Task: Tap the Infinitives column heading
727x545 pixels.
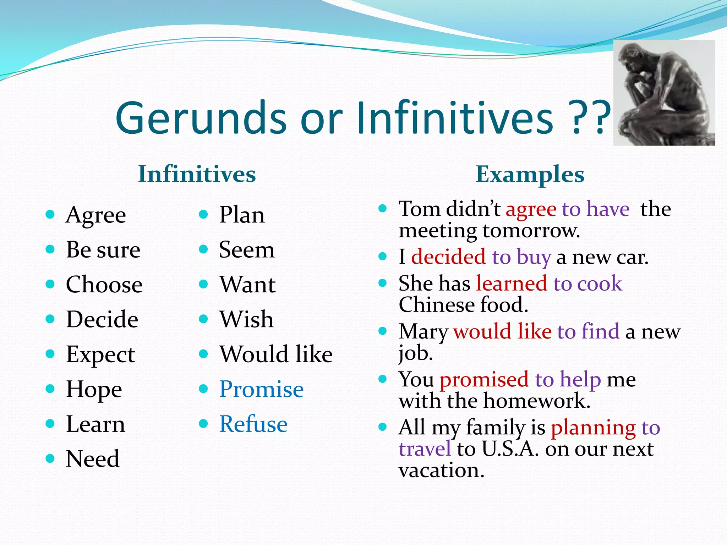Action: point(197,174)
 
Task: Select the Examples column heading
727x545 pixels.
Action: point(530,174)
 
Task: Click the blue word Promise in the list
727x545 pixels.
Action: point(261,389)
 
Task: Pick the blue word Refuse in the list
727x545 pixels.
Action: point(253,424)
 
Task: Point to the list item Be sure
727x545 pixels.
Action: point(103,250)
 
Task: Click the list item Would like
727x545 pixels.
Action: point(276,354)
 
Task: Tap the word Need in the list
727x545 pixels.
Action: point(93,459)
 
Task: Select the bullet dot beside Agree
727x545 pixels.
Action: point(50,214)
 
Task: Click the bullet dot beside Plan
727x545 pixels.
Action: point(203,214)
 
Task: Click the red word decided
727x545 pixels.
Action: point(448,257)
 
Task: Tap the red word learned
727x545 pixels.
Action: point(511,283)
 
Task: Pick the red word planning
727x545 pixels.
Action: point(593,428)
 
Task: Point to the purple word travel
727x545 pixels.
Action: point(425,449)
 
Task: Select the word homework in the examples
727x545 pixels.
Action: point(537,401)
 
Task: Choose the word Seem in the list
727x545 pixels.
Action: point(246,250)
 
